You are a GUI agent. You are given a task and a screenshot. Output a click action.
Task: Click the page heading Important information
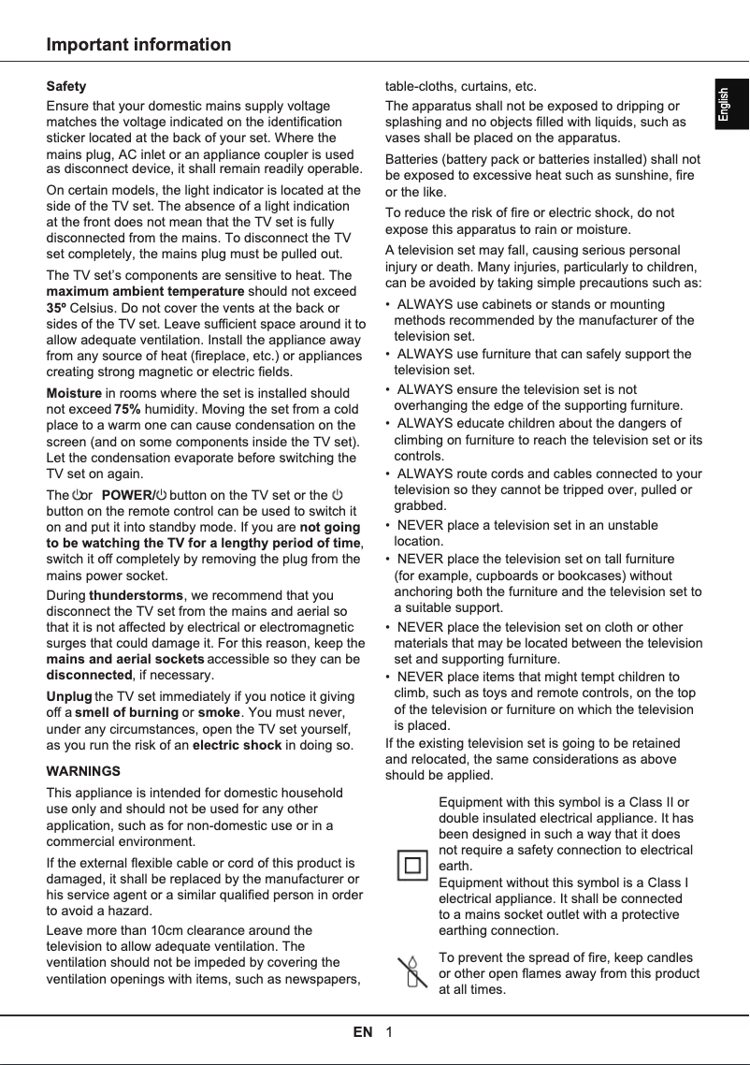[x=138, y=45]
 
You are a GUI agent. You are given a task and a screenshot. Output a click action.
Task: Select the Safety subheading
[x=66, y=86]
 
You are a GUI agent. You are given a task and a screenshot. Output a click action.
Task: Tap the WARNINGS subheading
[x=83, y=771]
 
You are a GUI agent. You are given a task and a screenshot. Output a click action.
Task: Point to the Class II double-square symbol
[x=411, y=866]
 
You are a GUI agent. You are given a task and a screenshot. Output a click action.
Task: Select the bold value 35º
[x=57, y=306]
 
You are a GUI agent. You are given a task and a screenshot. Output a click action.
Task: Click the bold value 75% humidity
[x=127, y=409]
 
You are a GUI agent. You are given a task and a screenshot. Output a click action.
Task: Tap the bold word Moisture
[x=74, y=393]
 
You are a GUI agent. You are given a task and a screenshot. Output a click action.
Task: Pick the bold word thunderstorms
[x=137, y=595]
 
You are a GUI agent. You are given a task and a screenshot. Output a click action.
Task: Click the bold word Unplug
[x=69, y=697]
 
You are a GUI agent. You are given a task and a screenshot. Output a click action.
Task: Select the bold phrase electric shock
[x=237, y=745]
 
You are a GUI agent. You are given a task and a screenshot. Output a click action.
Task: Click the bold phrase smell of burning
[x=125, y=713]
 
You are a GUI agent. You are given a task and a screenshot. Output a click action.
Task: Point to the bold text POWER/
[x=127, y=494]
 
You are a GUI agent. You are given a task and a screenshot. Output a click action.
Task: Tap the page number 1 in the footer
[x=388, y=1032]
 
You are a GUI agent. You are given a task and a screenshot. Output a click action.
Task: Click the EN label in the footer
[x=363, y=1032]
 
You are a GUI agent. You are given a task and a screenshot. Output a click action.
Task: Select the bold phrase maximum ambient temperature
[x=145, y=291]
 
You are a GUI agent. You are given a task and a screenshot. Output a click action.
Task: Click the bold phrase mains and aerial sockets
[x=125, y=660]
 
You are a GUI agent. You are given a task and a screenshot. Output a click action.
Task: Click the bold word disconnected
[x=89, y=675]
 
